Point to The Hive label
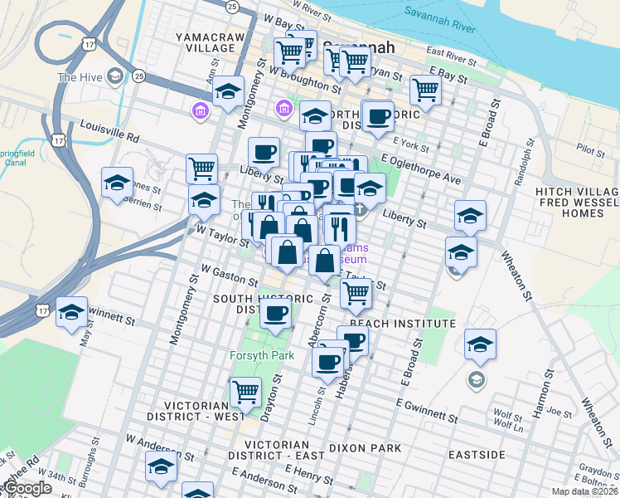79,78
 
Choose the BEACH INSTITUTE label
402,323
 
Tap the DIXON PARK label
364,448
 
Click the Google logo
27,488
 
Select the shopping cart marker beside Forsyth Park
246,391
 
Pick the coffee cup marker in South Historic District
275,313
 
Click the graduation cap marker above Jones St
117,181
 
